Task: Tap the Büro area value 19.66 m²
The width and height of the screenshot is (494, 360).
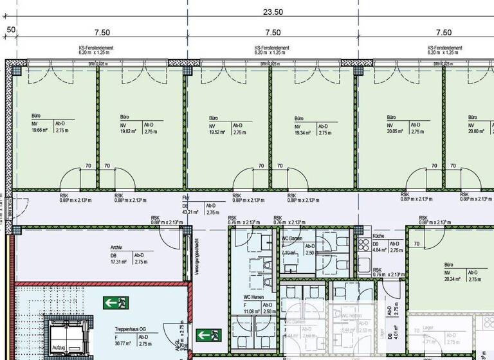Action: point(41,130)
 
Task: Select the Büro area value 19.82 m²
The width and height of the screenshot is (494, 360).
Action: point(130,131)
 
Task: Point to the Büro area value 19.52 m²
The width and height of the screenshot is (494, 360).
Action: point(219,131)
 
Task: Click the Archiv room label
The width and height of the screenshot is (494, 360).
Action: point(116,248)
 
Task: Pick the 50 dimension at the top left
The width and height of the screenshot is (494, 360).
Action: point(11,30)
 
